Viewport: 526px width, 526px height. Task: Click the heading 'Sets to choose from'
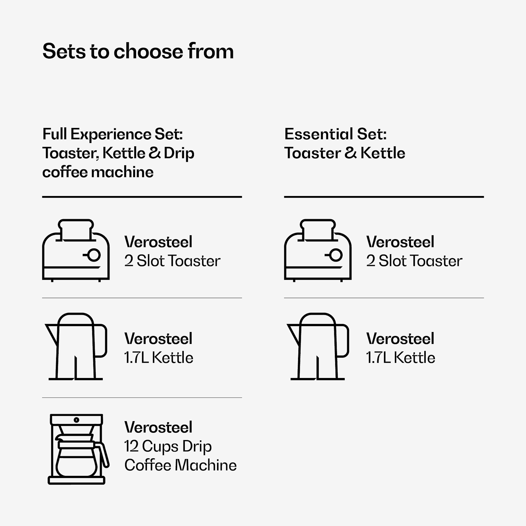pos(138,51)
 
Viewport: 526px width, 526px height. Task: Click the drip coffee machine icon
pos(78,449)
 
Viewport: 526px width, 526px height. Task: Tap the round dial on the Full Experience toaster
pos(94,255)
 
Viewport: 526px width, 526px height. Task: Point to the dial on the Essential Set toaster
pos(336,255)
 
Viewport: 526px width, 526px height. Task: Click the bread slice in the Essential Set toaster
pos(318,230)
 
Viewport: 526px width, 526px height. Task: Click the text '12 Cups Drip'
pos(168,446)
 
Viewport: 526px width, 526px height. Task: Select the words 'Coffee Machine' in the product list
pos(181,465)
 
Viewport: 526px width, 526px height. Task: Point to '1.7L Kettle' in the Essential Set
pos(401,358)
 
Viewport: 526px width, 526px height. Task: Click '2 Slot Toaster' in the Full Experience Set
pos(173,261)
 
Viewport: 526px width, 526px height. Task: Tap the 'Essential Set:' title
pos(336,134)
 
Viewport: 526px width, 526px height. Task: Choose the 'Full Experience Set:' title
pos(113,134)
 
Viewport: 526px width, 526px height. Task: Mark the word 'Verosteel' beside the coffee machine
pos(159,427)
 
